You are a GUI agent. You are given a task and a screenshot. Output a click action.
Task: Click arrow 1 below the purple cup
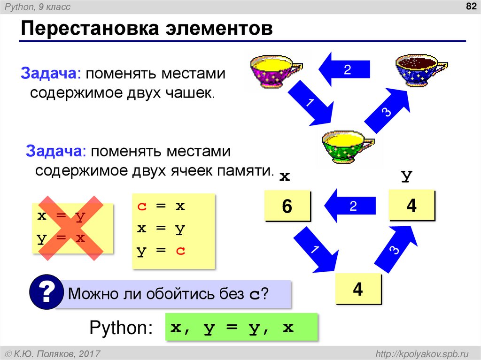[310, 103]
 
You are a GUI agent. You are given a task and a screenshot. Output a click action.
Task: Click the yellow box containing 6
[287, 205]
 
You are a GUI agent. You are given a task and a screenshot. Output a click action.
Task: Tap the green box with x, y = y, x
[240, 327]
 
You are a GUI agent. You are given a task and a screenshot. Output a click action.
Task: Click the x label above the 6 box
[285, 177]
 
